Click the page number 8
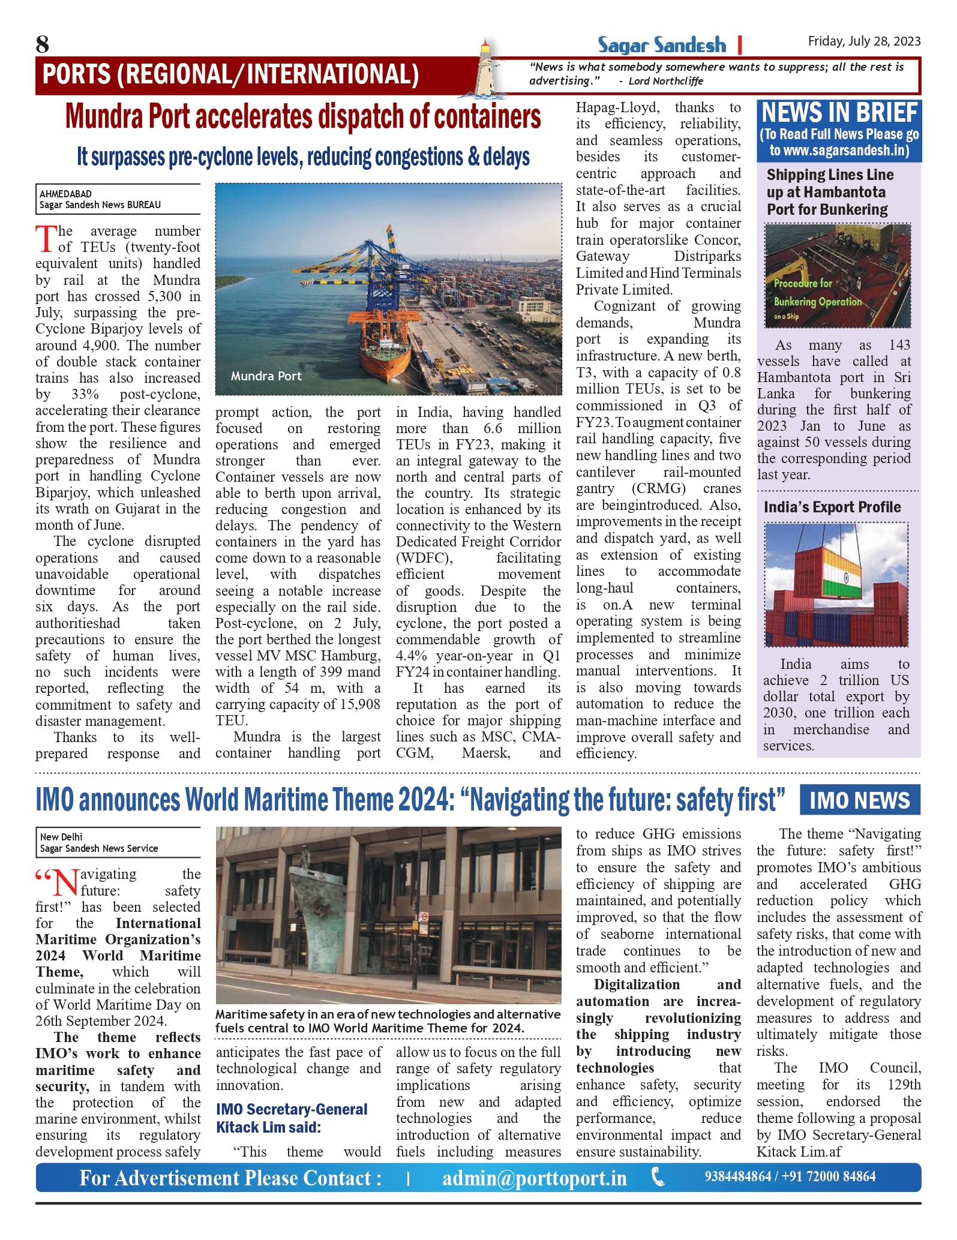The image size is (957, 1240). click(43, 44)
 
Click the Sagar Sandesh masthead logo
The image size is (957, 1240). click(661, 45)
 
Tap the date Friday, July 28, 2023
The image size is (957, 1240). click(863, 41)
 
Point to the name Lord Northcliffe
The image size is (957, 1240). click(665, 81)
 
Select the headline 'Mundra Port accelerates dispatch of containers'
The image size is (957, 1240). click(303, 116)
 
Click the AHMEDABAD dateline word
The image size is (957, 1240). click(65, 194)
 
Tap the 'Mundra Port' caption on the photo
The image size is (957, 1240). click(266, 376)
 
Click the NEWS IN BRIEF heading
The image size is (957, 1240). click(839, 113)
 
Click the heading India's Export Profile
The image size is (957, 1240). click(832, 507)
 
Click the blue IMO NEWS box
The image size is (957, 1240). click(859, 800)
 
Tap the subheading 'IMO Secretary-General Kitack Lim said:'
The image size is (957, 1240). click(291, 1118)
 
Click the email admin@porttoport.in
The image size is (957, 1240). click(534, 1178)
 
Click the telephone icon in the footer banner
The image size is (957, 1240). click(658, 1177)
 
